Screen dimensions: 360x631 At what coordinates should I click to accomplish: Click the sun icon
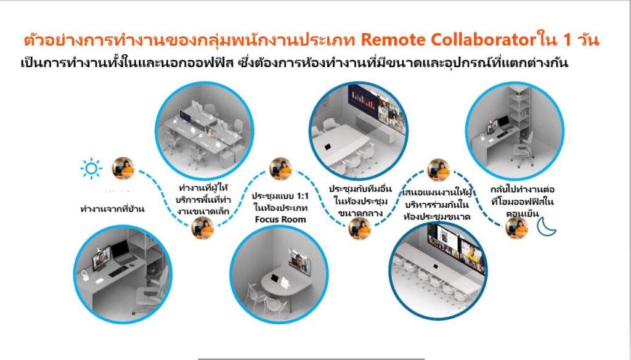[91, 169]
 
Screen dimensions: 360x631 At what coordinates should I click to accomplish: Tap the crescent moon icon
[545, 226]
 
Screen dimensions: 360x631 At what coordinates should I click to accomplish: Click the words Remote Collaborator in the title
[446, 41]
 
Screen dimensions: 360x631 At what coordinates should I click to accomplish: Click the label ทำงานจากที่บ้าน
[112, 209]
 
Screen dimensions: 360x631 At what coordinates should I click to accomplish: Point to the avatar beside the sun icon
[123, 168]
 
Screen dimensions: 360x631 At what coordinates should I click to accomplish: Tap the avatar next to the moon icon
[516, 227]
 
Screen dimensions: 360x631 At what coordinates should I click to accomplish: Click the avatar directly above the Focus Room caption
[281, 169]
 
